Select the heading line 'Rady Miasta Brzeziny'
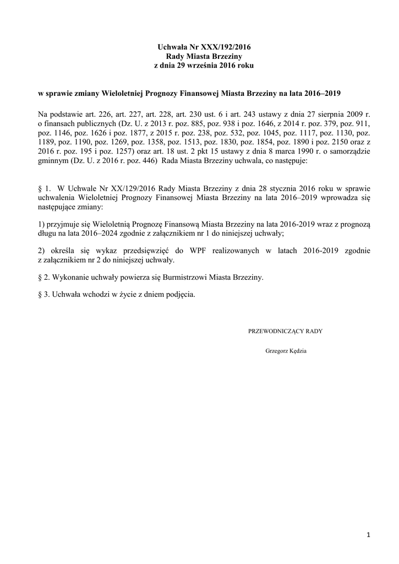coord(199,57)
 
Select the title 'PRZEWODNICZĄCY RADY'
coord(286,332)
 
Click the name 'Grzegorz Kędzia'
coord(286,350)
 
